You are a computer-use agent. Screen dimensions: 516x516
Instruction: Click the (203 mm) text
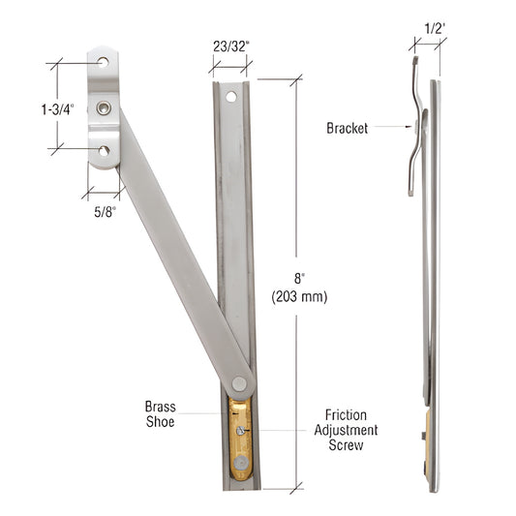click(300, 297)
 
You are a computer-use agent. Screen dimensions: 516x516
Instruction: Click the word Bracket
click(347, 128)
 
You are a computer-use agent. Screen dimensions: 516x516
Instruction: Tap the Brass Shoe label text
click(160, 415)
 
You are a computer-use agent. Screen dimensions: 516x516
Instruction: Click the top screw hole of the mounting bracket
click(104, 63)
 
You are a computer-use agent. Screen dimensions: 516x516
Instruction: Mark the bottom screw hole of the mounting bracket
click(104, 150)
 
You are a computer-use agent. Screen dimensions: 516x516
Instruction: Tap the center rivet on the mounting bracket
click(104, 106)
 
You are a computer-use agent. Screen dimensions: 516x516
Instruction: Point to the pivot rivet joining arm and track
click(239, 383)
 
